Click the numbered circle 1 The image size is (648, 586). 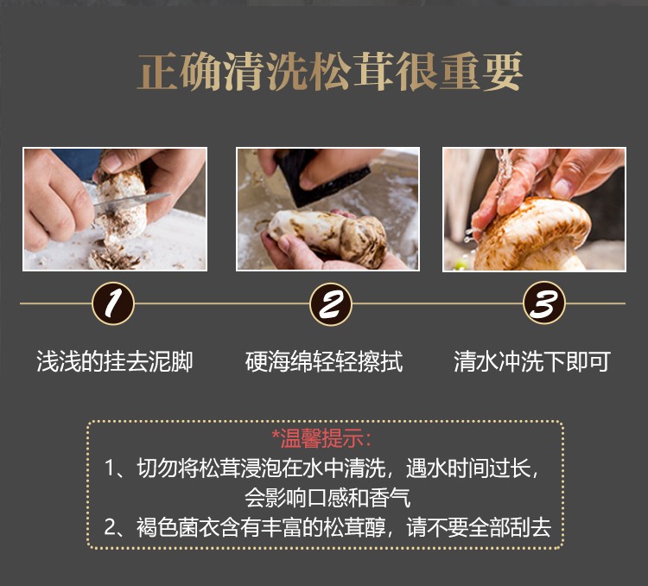point(113,304)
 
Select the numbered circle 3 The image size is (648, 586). point(545,304)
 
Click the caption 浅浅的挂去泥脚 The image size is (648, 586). point(114,361)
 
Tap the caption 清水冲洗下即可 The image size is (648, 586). point(532,361)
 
